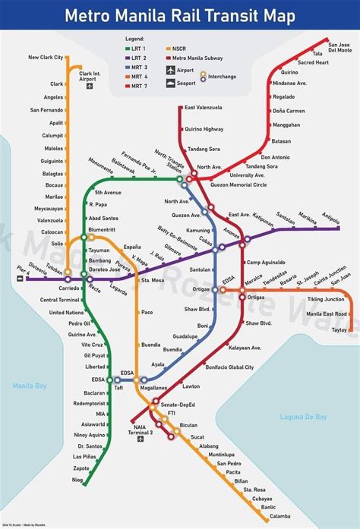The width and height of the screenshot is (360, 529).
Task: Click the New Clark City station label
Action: (x=46, y=58)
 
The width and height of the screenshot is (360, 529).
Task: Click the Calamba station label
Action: (x=279, y=518)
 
